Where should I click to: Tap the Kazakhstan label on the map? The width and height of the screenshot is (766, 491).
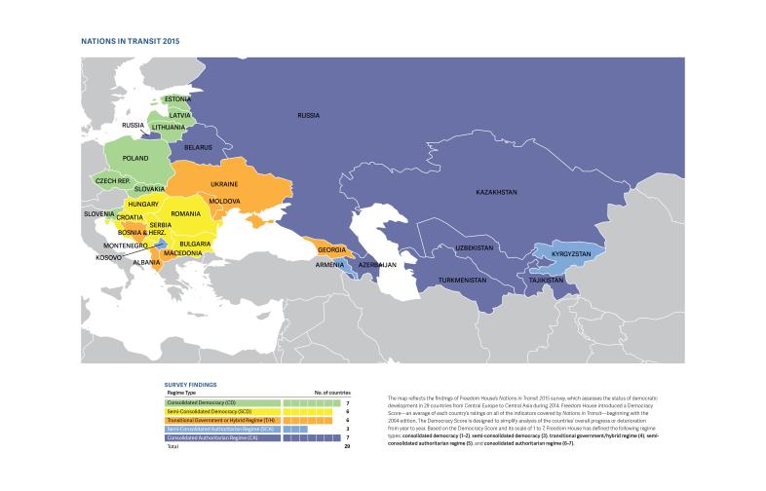click(x=496, y=192)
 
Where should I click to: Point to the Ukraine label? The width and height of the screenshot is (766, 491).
click(x=225, y=183)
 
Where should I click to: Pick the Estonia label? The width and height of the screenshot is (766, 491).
click(x=177, y=99)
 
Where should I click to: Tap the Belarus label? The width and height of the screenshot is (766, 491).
click(x=198, y=147)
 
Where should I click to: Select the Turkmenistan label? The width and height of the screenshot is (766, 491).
click(x=463, y=280)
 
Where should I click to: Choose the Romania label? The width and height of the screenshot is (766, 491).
click(x=184, y=213)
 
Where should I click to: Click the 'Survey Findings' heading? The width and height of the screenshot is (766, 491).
click(x=189, y=384)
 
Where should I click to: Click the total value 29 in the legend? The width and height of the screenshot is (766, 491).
click(x=347, y=446)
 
